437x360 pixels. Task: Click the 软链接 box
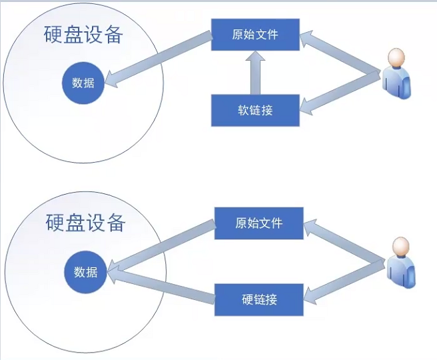coord(255,110)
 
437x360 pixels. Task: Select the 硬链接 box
coord(259,299)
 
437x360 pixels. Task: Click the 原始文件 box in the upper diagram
coord(255,34)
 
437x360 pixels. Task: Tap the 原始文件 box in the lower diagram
coord(259,223)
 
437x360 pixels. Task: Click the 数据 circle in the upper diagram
coord(83,83)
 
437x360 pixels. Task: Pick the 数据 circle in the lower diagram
coord(85,272)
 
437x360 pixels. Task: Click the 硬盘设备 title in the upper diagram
coord(83,35)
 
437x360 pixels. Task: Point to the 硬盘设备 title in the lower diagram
coord(85,222)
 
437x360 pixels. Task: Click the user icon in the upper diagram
coord(396,73)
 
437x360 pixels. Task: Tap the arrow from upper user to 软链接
coord(340,90)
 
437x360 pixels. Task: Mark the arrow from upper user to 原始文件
coord(340,53)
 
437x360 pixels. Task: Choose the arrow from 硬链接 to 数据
coord(160,283)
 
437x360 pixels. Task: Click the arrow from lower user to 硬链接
coord(343,280)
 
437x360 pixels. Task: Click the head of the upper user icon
coord(396,59)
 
